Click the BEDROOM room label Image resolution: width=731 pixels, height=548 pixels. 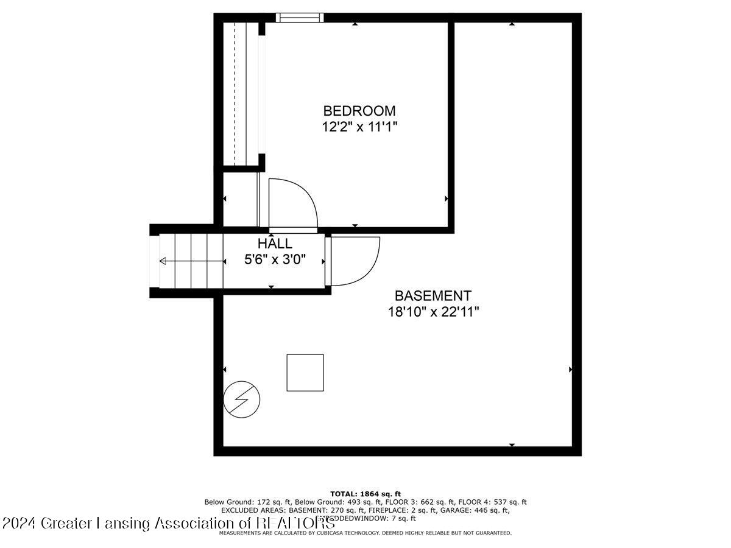coord(359,111)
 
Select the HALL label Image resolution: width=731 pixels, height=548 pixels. coord(274,244)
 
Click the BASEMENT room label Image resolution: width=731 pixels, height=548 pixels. coord(433,296)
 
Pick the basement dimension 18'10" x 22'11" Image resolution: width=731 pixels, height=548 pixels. coord(434,312)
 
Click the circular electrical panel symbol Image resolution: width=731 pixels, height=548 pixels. coord(242,399)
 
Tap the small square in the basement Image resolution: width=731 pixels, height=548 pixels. coord(305,372)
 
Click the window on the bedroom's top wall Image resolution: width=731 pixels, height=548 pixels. coord(299,18)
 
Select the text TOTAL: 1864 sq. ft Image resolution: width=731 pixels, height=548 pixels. coord(365,494)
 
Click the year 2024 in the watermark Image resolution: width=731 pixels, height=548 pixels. coord(18,523)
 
